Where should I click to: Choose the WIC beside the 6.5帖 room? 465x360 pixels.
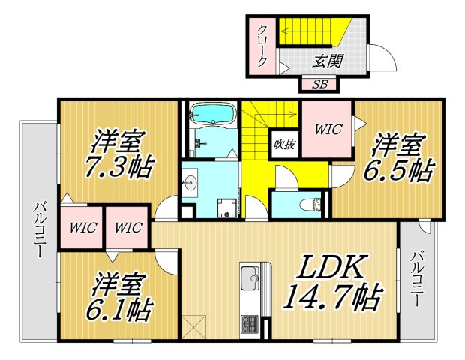point(328,129)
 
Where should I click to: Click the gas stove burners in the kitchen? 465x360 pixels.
point(250,323)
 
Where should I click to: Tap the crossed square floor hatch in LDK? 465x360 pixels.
point(193,325)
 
